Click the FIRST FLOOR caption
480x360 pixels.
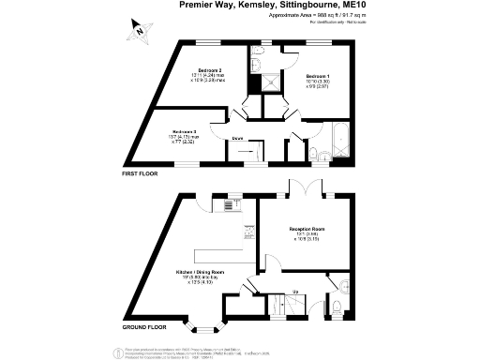[x=140, y=174]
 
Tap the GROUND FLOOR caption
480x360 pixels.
[x=144, y=327]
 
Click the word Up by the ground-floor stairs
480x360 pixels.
[x=297, y=292]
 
